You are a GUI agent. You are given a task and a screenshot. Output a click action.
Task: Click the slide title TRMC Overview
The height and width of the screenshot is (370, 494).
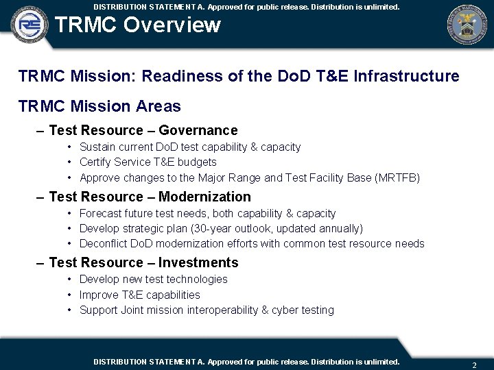pyautogui.click(x=137, y=25)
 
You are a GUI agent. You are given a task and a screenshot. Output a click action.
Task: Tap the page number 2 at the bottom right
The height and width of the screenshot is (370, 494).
pyautogui.click(x=474, y=365)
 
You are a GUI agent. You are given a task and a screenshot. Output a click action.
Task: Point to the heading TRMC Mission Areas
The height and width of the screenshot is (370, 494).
pyautogui.click(x=99, y=106)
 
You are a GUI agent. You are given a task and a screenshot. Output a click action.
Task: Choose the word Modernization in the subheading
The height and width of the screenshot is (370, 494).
pyautogui.click(x=204, y=197)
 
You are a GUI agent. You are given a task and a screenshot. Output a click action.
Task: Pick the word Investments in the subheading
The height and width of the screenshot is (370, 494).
pyautogui.click(x=198, y=262)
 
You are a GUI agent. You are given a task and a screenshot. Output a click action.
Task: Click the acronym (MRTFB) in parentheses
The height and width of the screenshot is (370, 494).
pyautogui.click(x=397, y=178)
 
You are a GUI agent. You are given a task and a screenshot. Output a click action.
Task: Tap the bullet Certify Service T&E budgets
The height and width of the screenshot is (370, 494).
pyautogui.click(x=148, y=162)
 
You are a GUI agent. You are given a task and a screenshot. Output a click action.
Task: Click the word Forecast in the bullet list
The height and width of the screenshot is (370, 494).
pyautogui.click(x=101, y=213)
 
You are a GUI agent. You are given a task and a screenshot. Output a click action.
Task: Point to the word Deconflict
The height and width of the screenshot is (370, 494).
pyautogui.click(x=103, y=244)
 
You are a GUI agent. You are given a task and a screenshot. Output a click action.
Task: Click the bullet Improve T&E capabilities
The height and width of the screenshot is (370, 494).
pyautogui.click(x=139, y=295)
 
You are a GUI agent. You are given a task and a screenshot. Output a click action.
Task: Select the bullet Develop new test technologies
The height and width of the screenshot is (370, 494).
pyautogui.click(x=153, y=279)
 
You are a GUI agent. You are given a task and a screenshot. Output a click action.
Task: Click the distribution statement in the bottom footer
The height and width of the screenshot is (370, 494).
pyautogui.click(x=246, y=361)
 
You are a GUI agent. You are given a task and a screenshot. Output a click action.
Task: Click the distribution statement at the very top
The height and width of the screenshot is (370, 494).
pyautogui.click(x=246, y=6)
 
